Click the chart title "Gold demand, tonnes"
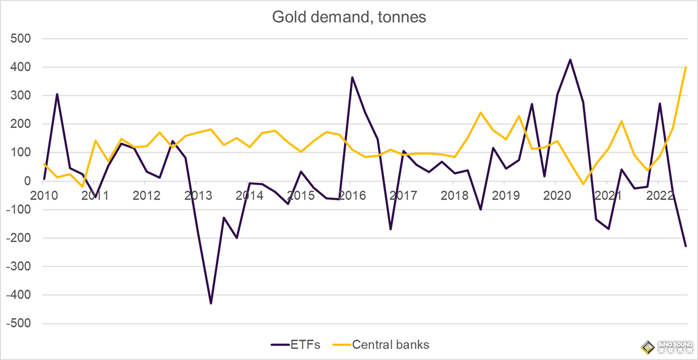click(x=349, y=17)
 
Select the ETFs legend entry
click(x=296, y=345)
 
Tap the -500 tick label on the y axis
click(x=17, y=324)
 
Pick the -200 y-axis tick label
click(x=17, y=238)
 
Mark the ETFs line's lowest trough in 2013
click(x=211, y=303)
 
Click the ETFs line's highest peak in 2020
click(x=570, y=59)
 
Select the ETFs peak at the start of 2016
click(x=352, y=77)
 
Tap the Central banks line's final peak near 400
click(x=686, y=67)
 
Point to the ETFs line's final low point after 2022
click(x=686, y=246)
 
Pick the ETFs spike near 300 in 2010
click(x=57, y=94)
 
